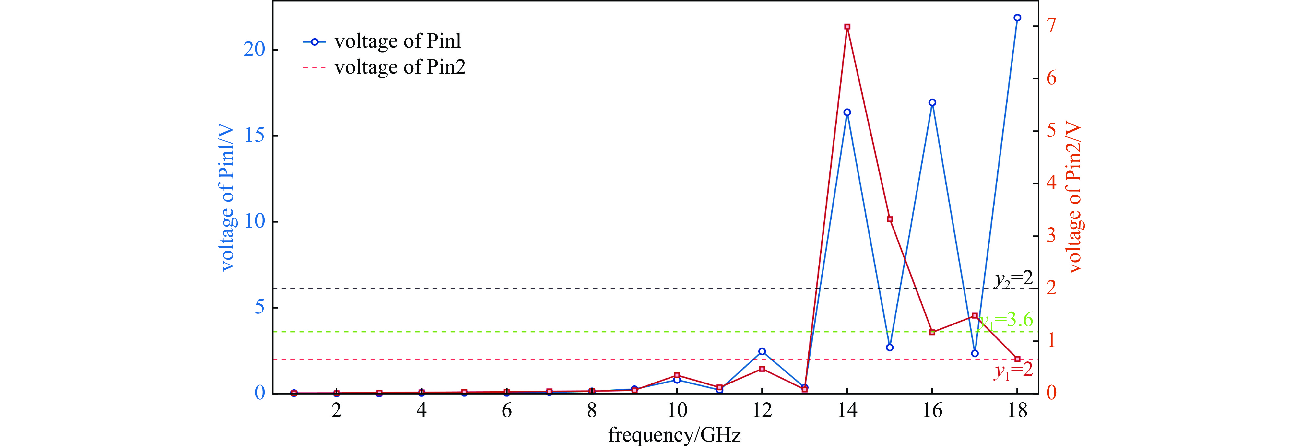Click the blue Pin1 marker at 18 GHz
[x=1017, y=18]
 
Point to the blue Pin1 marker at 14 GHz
[x=847, y=112]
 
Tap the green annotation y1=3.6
[x=1006, y=320]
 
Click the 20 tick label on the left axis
[x=254, y=50]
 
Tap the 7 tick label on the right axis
[x=1051, y=25]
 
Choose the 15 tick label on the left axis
[x=254, y=136]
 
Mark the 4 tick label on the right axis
[x=1051, y=183]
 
